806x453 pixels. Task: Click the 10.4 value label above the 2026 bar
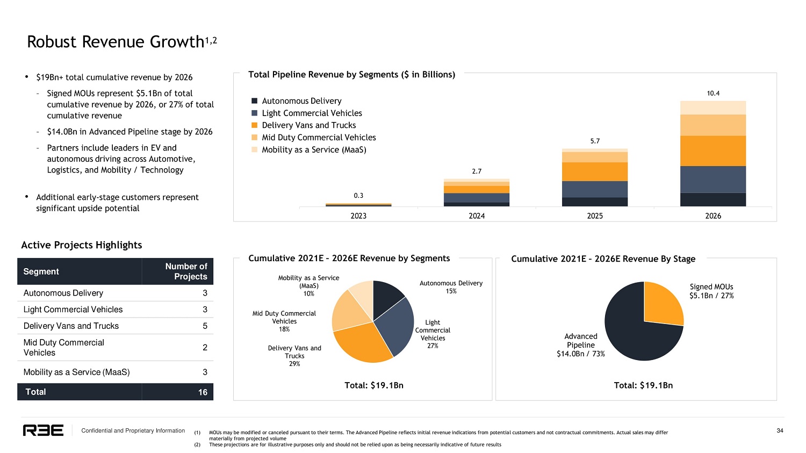[713, 94]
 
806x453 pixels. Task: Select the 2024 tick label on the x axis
[477, 216]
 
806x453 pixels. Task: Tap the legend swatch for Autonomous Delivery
[254, 101]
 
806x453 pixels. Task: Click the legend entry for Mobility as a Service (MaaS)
[314, 150]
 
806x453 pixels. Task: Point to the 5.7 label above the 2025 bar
[595, 141]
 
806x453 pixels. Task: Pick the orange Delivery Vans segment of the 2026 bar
[713, 151]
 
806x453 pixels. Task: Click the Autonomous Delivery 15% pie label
[451, 287]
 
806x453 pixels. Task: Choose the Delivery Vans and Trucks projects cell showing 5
[205, 326]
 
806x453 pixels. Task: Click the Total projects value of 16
[203, 392]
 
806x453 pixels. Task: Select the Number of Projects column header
[186, 271]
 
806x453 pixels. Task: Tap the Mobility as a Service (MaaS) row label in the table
[76, 372]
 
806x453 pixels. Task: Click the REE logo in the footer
[43, 430]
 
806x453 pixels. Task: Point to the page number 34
[780, 430]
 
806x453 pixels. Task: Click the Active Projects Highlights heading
[82, 245]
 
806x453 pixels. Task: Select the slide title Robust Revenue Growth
[116, 42]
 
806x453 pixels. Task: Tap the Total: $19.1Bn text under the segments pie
[373, 385]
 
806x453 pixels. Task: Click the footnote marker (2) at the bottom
[197, 445]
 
